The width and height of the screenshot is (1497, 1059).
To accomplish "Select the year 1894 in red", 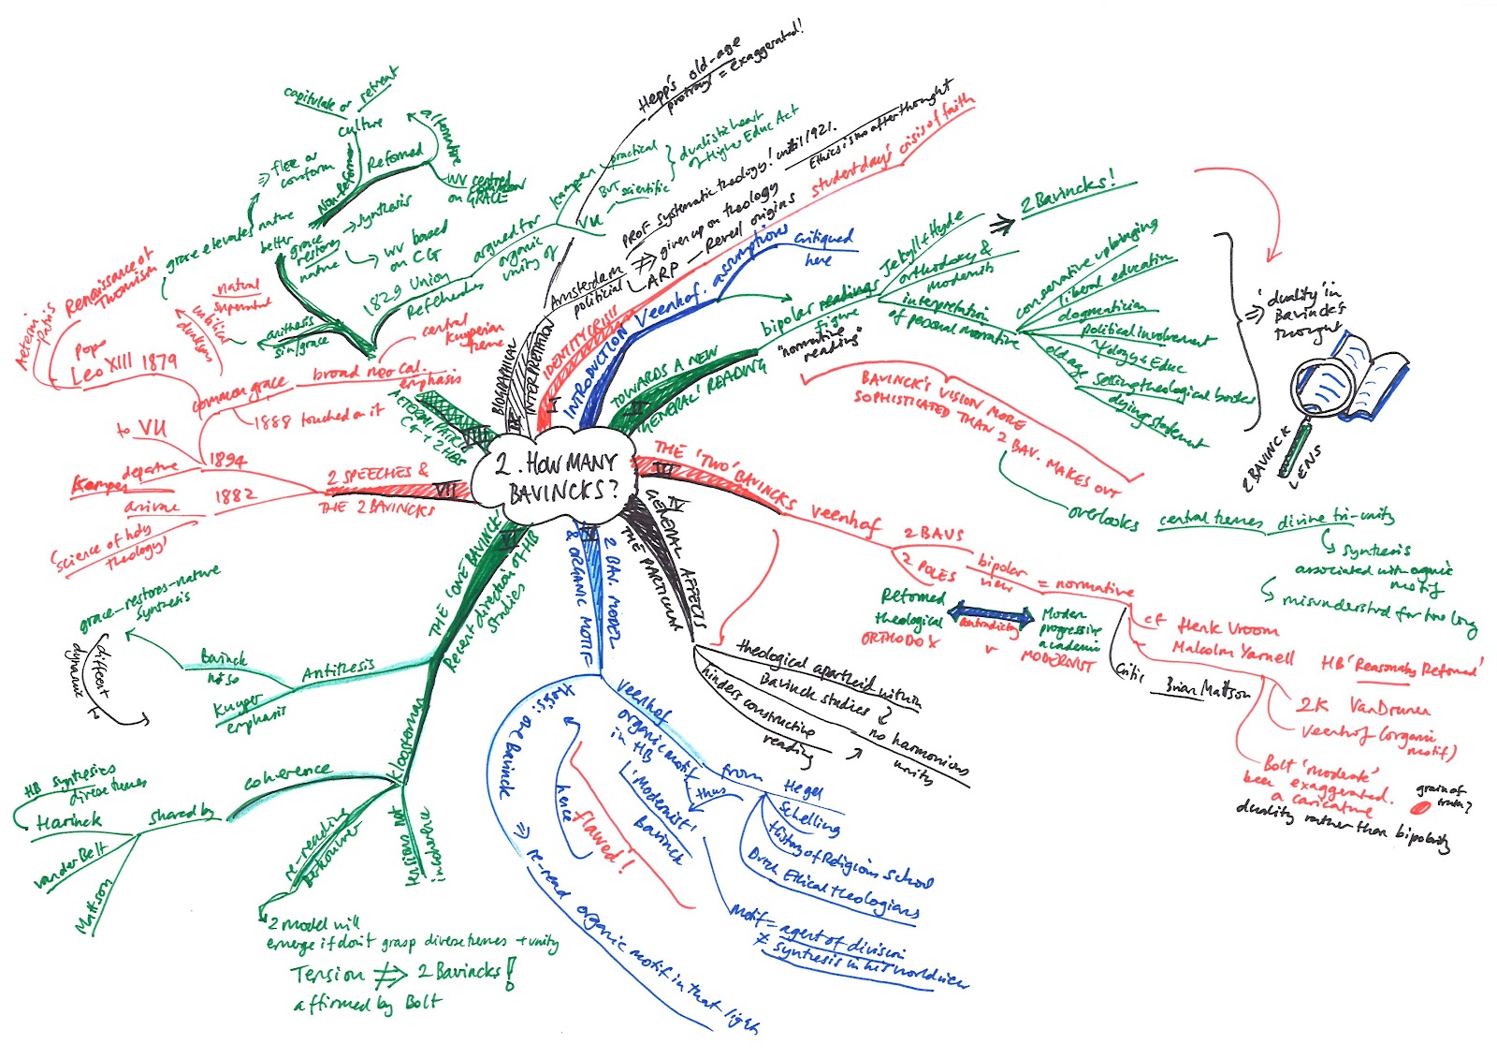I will [227, 460].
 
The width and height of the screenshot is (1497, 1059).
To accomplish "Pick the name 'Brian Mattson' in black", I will [1207, 689].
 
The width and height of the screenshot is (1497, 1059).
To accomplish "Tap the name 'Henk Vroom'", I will [1228, 627].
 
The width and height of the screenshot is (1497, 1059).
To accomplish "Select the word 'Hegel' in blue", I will [803, 789].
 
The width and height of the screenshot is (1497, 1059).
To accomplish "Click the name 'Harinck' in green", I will [68, 822].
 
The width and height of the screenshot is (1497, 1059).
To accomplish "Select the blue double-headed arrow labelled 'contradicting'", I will [989, 618].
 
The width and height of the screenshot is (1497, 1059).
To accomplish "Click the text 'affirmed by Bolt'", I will [366, 1004].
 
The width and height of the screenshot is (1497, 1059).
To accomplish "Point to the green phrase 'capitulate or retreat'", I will [340, 90].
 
